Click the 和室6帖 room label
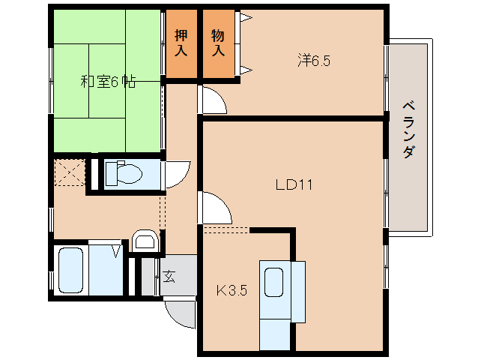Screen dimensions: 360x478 click(108, 82)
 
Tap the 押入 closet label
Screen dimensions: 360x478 click(181, 43)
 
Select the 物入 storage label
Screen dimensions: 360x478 click(218, 43)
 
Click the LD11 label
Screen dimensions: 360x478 click(294, 183)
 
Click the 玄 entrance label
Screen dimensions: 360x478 click(169, 277)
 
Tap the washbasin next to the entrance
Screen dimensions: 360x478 click(144, 241)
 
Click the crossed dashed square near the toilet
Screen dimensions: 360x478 click(70, 172)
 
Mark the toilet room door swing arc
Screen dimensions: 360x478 click(178, 174)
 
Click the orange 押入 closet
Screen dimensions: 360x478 click(181, 44)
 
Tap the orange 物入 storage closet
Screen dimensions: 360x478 click(219, 44)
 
